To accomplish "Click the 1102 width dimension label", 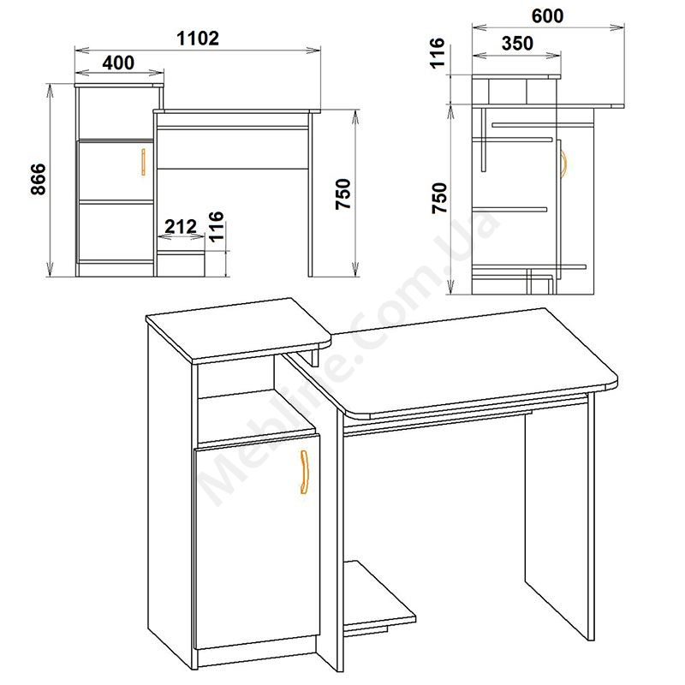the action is coord(198,39).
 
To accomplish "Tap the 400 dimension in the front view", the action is coord(118,63).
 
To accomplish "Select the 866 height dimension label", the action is coord(39,179).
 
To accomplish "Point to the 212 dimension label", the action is coord(181,226).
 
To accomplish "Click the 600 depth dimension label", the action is coord(547,16).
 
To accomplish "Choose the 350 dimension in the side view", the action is coord(518,44).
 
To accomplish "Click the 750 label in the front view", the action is coord(343,194).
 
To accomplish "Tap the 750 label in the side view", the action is coord(440,198).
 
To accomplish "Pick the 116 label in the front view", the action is coord(217,227).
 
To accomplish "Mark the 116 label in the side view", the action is coord(438,53).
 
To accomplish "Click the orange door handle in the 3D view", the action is coord(304,472).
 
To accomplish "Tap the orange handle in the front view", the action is coord(143,162).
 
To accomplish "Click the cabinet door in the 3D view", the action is coord(258,541).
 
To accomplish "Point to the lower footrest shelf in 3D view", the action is coord(379,593).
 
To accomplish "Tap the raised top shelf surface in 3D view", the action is coord(239,329).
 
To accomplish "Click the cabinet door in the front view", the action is coord(116,170).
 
